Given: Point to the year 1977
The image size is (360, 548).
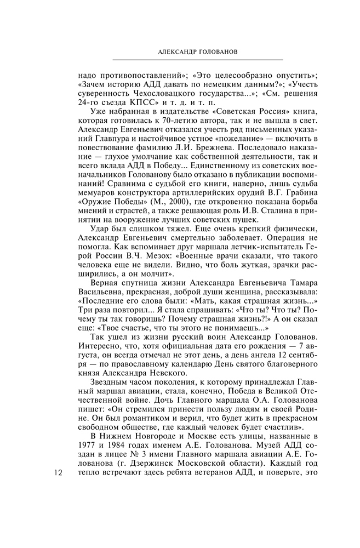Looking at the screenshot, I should [x=87, y=444].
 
